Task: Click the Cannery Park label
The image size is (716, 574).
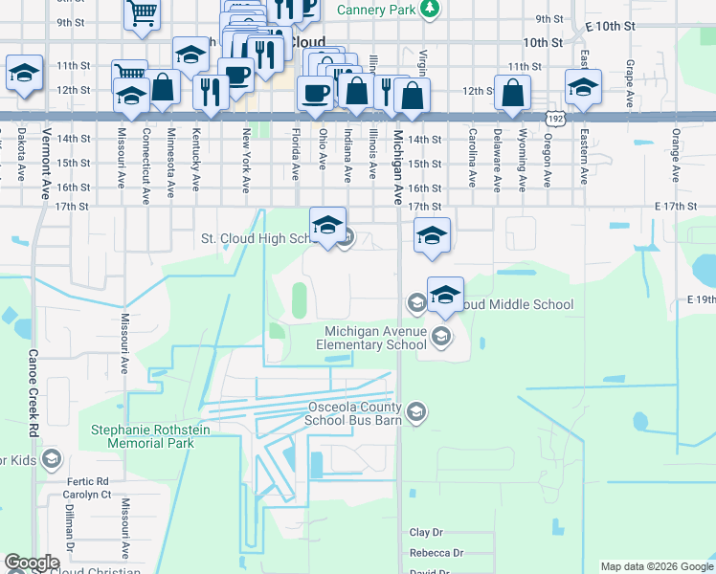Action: (x=378, y=9)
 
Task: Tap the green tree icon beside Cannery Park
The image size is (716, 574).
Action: (x=431, y=9)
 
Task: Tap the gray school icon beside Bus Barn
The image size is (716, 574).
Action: (x=416, y=412)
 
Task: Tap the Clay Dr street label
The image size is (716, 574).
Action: (x=427, y=532)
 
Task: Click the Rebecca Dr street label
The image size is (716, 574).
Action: (x=436, y=553)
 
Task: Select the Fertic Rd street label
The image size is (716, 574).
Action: (x=89, y=481)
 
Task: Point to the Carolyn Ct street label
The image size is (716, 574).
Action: (x=88, y=495)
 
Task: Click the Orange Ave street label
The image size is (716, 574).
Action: (x=676, y=156)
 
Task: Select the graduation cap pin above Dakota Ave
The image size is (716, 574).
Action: (x=24, y=72)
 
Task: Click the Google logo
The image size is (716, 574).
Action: (x=32, y=563)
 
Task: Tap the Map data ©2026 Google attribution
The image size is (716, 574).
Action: (x=656, y=566)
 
